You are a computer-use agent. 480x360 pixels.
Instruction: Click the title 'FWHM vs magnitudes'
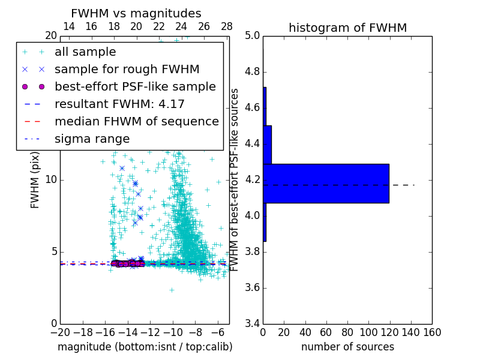136,13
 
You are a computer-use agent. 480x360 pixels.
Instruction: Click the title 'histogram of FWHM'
347,28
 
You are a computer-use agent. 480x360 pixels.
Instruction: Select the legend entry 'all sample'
85,52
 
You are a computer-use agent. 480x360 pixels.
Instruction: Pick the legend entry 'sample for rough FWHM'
127,69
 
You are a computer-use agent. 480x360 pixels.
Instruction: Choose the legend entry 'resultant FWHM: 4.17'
119,104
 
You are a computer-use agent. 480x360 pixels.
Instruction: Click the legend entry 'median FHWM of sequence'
136,121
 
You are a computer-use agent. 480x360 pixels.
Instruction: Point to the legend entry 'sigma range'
92,139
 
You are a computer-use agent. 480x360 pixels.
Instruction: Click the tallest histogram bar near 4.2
326,183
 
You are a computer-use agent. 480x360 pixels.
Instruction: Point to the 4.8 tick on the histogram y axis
253,72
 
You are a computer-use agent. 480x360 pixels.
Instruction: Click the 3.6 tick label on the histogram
253,287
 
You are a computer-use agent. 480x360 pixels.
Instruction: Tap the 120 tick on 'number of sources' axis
389,332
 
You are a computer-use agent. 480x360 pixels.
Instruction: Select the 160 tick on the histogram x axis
432,332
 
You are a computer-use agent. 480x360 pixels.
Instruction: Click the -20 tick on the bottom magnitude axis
60,332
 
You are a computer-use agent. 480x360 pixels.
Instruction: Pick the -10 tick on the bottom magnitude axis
173,332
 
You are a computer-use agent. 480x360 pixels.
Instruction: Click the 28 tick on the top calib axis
227,26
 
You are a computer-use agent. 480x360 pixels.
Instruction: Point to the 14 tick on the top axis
68,26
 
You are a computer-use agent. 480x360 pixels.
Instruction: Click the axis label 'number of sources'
347,347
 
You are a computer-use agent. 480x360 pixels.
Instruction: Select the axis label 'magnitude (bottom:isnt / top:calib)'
145,347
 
